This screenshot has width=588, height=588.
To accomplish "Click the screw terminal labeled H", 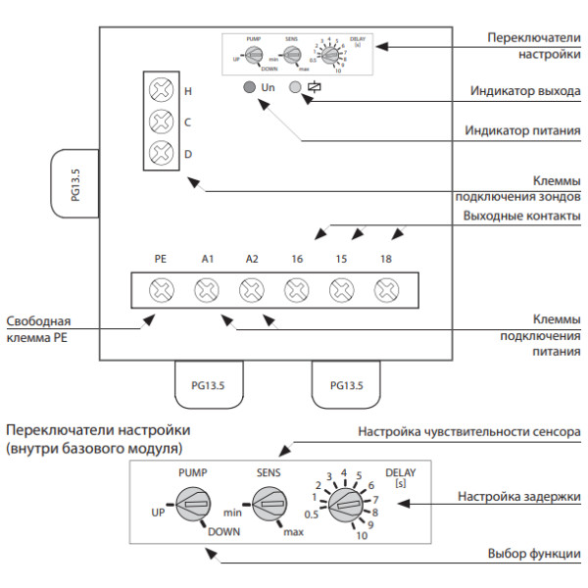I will (x=161, y=90).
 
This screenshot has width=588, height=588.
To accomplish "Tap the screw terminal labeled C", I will (x=161, y=122).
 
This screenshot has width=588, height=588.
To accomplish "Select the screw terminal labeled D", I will (x=161, y=153).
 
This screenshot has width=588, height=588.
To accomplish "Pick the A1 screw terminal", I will (x=207, y=289).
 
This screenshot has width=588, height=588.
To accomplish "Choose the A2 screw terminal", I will (x=252, y=289).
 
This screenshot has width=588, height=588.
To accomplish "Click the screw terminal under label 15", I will (x=340, y=289).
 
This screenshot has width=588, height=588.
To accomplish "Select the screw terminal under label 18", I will (x=385, y=289).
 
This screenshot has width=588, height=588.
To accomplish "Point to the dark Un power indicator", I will (x=251, y=87).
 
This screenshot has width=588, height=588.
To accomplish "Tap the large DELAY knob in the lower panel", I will (x=345, y=505).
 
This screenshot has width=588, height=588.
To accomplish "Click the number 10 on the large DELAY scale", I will (x=363, y=536).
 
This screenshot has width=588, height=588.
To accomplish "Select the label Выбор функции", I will (x=534, y=554).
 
